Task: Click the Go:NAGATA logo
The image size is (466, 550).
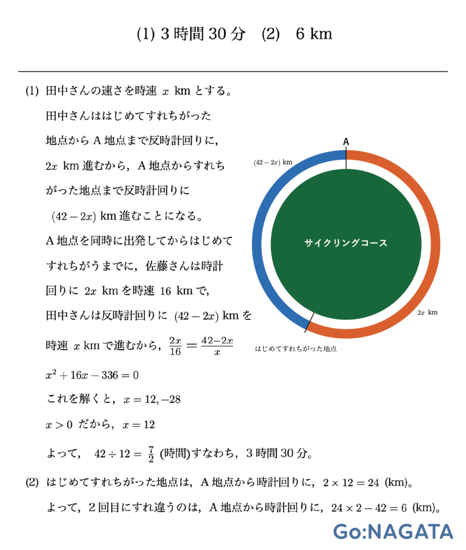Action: point(393,531)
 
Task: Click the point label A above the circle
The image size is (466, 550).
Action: point(346,141)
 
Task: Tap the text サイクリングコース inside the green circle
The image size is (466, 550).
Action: point(346,243)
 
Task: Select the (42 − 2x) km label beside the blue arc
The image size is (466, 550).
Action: point(273,162)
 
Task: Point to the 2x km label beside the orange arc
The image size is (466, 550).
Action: point(427,312)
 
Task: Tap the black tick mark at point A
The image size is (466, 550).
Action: point(346,159)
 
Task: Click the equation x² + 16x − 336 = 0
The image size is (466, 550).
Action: point(92,375)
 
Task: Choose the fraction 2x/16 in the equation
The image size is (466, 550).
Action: point(176,346)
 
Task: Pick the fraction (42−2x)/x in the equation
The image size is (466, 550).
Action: point(216,346)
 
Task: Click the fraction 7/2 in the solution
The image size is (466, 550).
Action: point(151,453)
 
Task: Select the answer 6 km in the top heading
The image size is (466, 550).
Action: point(314,34)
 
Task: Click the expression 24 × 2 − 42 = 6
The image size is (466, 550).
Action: point(371,507)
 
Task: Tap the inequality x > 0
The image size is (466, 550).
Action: point(59,425)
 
